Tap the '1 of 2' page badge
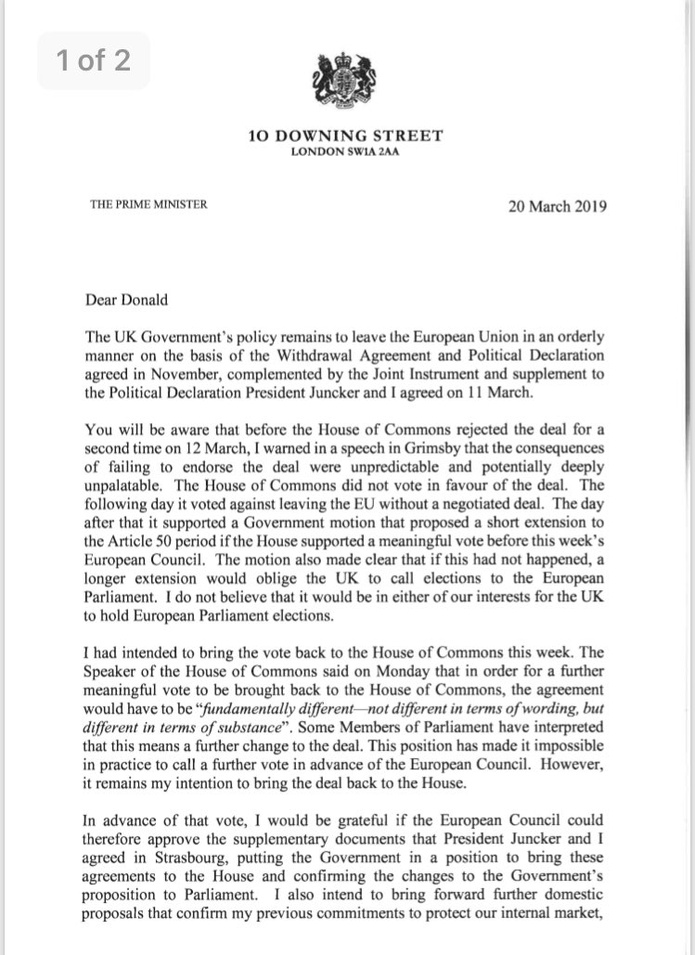92,62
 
